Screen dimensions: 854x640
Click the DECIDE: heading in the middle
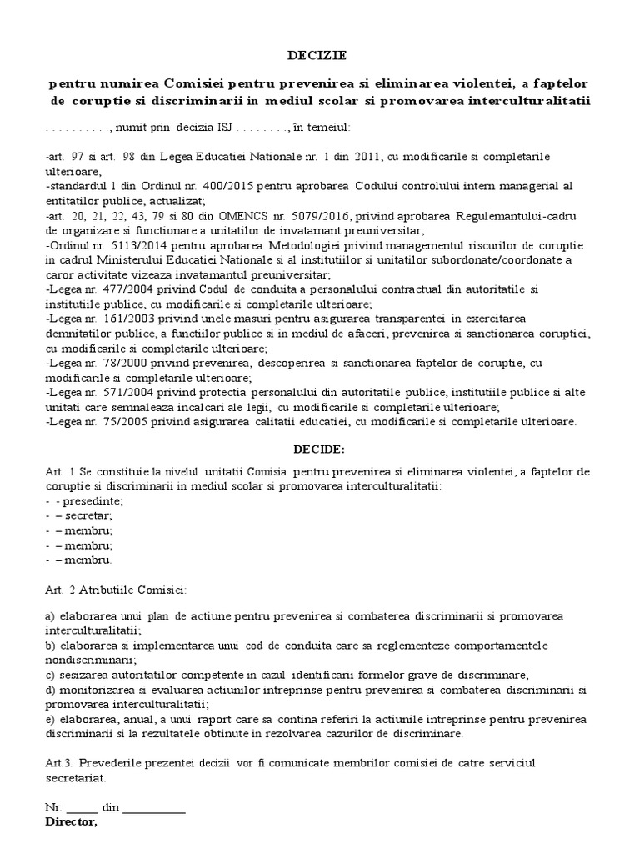tap(318, 449)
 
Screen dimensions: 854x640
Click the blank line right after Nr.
tap(82, 809)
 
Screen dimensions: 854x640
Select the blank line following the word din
tap(154, 809)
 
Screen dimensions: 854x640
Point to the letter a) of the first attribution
tap(50, 615)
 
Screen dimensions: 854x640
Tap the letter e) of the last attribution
tap(50, 719)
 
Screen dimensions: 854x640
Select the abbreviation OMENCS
tap(292, 215)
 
